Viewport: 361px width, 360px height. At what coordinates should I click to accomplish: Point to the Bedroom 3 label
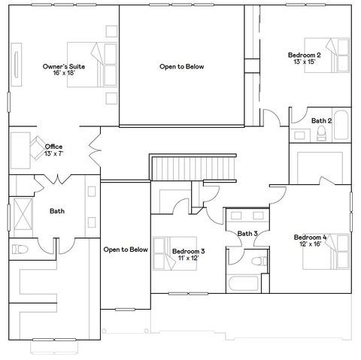188,251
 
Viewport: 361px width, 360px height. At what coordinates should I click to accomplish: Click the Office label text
53,147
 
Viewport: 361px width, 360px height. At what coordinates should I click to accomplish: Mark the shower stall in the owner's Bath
22,212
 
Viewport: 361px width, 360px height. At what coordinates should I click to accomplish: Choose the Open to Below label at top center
181,66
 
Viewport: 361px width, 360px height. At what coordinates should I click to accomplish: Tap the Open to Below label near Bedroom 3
125,249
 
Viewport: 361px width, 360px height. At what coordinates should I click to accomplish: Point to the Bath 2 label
321,120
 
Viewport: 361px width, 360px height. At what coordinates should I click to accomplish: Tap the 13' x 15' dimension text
305,62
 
